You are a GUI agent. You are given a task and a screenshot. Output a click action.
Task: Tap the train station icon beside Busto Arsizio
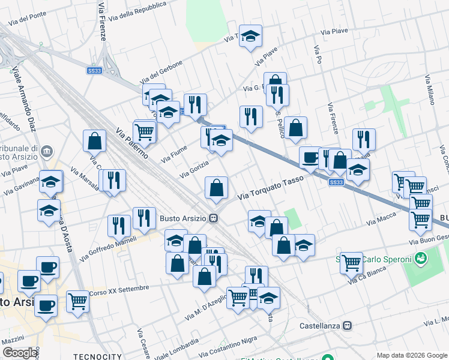click(x=214, y=219)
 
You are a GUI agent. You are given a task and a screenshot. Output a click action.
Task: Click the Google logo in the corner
click(x=20, y=353)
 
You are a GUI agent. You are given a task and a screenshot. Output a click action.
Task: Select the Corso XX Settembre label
click(x=119, y=290)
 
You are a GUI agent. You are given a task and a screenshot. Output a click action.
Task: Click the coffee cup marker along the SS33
click(x=310, y=157)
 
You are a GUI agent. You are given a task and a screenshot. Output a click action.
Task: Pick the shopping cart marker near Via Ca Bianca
click(x=351, y=262)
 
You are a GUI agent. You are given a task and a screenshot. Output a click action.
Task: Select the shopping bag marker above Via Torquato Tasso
click(x=216, y=187)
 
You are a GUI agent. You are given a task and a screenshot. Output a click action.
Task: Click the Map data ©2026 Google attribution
click(x=411, y=355)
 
